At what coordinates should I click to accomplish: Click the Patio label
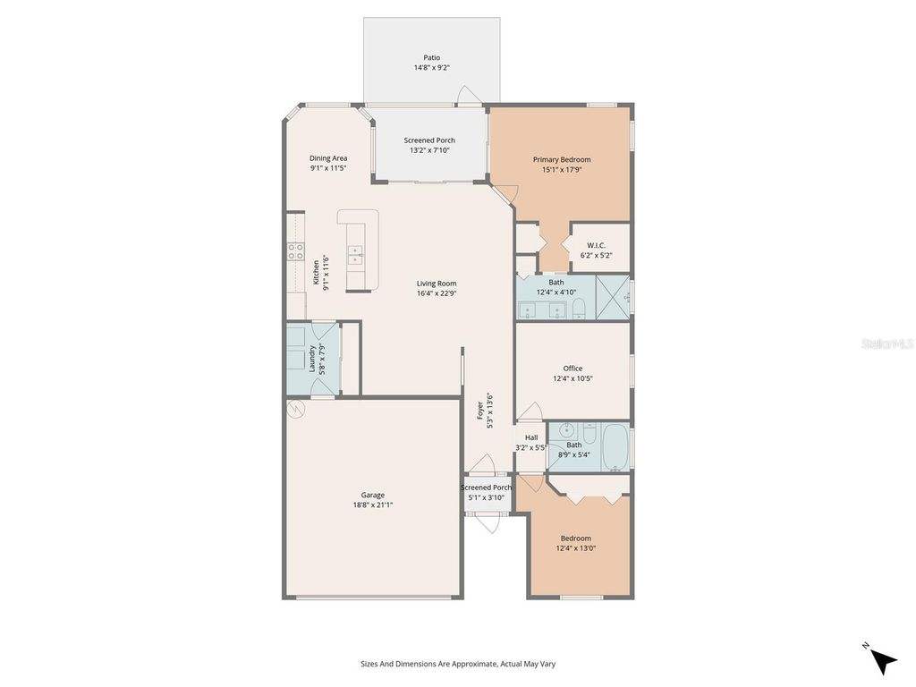point(432,58)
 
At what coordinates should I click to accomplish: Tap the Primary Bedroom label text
point(562,160)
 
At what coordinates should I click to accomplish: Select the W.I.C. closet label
point(597,245)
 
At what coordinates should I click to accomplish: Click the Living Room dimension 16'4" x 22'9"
point(437,293)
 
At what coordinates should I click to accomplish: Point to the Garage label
point(373,495)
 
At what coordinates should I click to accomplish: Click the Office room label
point(572,369)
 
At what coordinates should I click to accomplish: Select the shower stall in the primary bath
point(613,295)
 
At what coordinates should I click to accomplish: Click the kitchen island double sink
point(355,256)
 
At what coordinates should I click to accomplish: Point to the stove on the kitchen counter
point(295,251)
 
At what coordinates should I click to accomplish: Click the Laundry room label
point(311,358)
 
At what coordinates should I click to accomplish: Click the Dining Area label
point(328,158)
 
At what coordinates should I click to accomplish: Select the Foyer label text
point(480,411)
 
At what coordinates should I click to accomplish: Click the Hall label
point(531,437)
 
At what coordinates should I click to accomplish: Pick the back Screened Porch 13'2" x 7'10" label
point(429,140)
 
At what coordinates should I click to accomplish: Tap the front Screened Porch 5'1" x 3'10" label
point(486,488)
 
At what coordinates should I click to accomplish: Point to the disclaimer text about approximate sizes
point(458,664)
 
